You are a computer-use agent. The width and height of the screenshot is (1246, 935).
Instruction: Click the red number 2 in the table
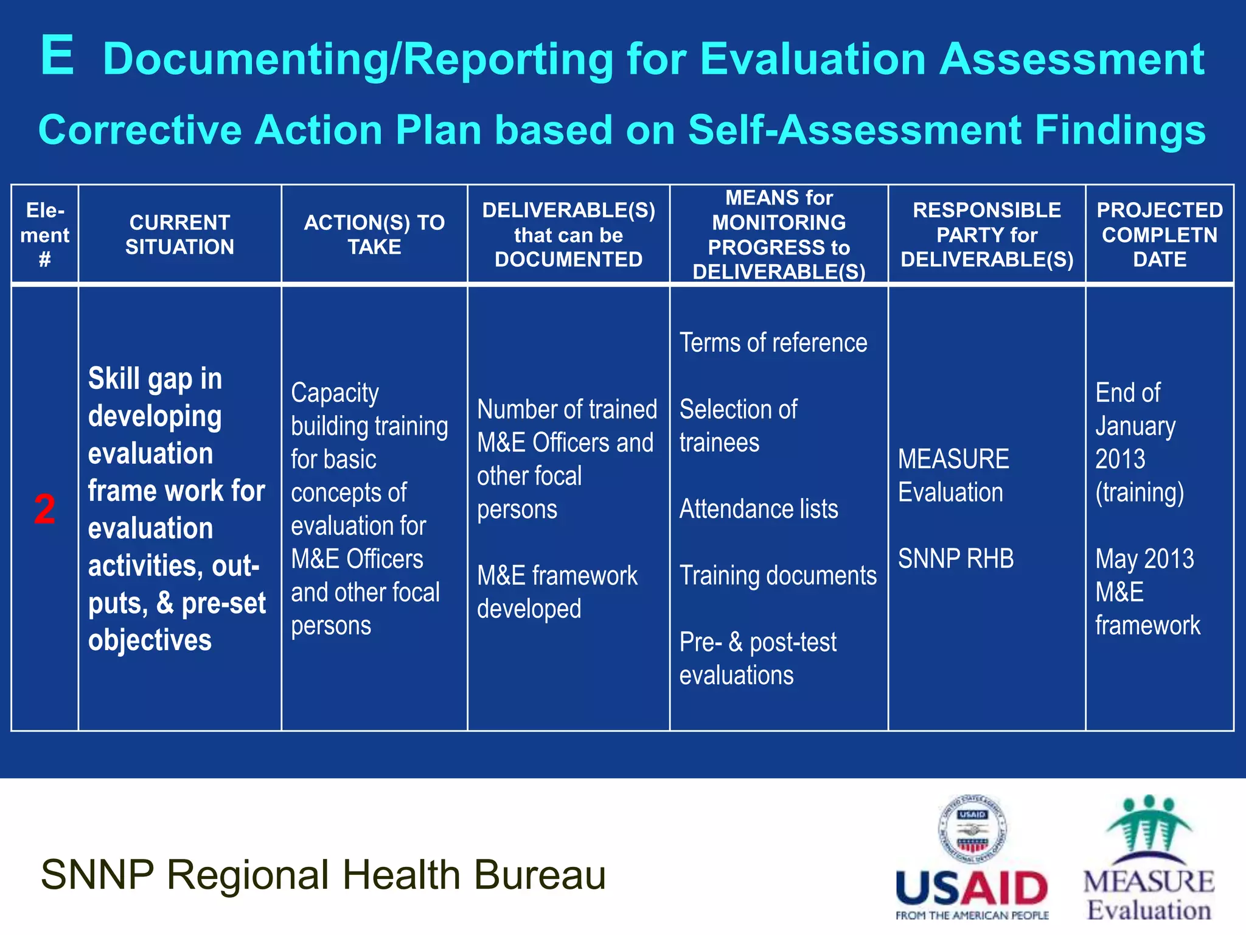(x=44, y=509)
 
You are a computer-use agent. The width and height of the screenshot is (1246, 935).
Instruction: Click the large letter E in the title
(x=58, y=56)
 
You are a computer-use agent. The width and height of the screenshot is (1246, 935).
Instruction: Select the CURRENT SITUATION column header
(x=179, y=234)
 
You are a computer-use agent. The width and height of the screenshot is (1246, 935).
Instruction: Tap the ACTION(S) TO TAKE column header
(x=374, y=234)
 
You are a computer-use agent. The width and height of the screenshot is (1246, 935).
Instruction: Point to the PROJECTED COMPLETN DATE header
(x=1160, y=234)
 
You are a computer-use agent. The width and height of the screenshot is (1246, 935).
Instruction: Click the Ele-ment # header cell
(x=44, y=235)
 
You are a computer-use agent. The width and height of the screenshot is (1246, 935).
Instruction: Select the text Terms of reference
(x=773, y=343)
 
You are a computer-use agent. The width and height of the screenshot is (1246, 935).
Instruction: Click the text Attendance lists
(x=758, y=509)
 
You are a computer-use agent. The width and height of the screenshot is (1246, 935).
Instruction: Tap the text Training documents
(x=778, y=575)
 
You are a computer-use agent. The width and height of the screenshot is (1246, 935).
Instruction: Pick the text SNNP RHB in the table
(x=956, y=559)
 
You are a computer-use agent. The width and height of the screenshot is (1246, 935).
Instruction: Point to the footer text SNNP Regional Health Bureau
(x=323, y=875)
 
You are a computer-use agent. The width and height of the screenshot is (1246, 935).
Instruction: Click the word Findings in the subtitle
(x=1120, y=130)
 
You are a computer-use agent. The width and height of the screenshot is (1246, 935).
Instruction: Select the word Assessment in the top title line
(x=1071, y=59)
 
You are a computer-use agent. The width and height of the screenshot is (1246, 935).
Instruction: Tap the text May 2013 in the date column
(x=1144, y=559)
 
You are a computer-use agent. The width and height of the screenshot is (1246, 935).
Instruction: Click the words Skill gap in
(x=155, y=379)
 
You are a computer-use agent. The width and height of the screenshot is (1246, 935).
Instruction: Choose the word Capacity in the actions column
(x=335, y=393)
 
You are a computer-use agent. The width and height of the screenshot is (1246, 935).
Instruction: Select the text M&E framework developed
(x=557, y=592)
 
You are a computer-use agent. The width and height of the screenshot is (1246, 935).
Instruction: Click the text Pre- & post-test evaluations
(x=757, y=659)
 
